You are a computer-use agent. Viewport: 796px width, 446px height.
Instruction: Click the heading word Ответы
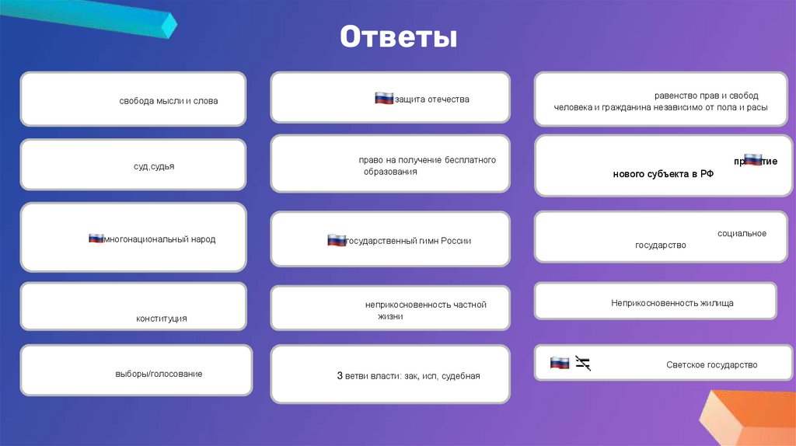(397, 37)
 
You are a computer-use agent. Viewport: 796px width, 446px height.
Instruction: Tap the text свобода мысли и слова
(169, 101)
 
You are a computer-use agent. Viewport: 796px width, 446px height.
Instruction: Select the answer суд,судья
(153, 166)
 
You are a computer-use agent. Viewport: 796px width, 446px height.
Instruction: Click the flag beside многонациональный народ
(96, 239)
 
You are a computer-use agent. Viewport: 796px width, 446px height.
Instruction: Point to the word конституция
(162, 319)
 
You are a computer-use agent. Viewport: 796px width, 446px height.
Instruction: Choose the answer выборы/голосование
(159, 374)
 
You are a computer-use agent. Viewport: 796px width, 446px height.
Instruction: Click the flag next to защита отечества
(384, 98)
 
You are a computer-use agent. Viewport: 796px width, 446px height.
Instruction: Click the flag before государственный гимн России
(337, 240)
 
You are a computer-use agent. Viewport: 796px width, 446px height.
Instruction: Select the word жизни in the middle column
(390, 317)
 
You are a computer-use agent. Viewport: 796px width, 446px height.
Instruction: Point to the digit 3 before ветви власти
(340, 376)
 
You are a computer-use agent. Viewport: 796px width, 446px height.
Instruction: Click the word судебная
(461, 376)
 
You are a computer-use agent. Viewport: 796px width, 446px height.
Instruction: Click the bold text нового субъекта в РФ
(663, 174)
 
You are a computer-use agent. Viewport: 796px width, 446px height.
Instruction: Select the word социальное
(742, 233)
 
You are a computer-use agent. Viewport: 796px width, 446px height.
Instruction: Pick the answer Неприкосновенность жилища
(672, 303)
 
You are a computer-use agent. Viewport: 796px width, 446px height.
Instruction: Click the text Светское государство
(711, 364)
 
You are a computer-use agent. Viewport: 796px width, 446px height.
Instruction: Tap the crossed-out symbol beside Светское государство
(583, 363)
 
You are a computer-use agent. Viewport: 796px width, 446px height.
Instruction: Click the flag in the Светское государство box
(560, 363)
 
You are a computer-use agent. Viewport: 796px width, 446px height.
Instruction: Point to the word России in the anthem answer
(456, 241)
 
